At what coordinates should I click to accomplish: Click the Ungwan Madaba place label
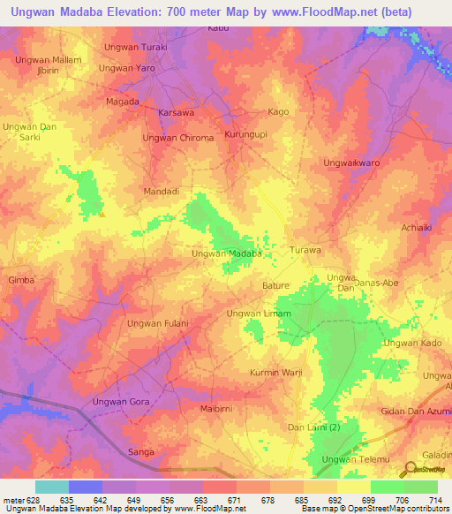pyautogui.click(x=228, y=253)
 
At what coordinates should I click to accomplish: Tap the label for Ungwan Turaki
pyautogui.click(x=135, y=46)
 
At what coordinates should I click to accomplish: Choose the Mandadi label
pyautogui.click(x=162, y=191)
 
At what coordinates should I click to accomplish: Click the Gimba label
pyautogui.click(x=20, y=280)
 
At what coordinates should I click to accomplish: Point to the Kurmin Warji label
pyautogui.click(x=276, y=373)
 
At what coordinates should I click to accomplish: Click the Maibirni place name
pyautogui.click(x=219, y=409)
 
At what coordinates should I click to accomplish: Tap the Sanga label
pyautogui.click(x=141, y=452)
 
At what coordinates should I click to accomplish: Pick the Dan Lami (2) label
pyautogui.click(x=314, y=428)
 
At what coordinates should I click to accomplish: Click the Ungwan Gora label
pyautogui.click(x=122, y=402)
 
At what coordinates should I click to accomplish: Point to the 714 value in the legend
pyautogui.click(x=435, y=500)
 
